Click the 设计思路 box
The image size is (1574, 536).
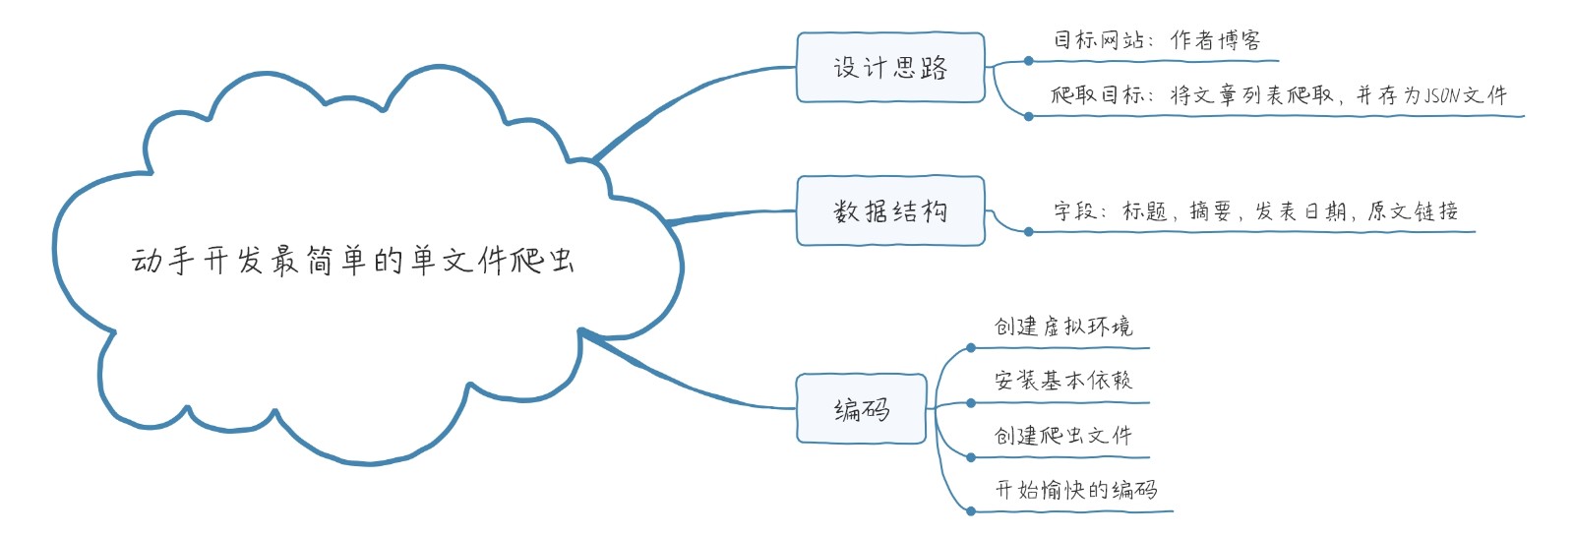point(890,68)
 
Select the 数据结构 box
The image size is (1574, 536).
point(890,210)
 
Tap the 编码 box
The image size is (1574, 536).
point(862,409)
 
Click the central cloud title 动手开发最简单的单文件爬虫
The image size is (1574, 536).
point(352,261)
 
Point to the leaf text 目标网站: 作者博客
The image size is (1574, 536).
point(1157,40)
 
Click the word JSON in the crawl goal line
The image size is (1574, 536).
point(1442,95)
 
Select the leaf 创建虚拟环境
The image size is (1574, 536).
point(1063,327)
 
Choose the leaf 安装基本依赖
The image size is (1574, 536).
point(1063,381)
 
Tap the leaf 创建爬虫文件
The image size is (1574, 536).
point(1063,435)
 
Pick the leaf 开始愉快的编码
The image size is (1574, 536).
point(1076,490)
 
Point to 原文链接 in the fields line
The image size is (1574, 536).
point(1413,211)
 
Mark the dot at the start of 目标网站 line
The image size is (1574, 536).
point(1029,61)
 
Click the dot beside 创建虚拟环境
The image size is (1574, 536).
point(971,348)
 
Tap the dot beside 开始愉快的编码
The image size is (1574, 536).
point(971,511)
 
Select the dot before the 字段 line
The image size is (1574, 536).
point(1029,232)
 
